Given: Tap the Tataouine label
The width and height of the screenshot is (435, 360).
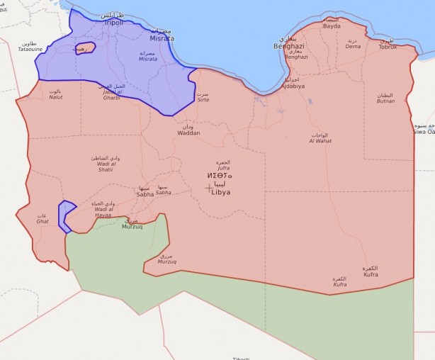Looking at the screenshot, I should (x=30, y=49).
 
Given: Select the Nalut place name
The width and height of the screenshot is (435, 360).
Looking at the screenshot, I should (x=55, y=96).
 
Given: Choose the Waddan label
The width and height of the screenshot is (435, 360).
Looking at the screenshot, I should (x=188, y=133).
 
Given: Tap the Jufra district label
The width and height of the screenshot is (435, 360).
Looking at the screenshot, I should (x=223, y=167).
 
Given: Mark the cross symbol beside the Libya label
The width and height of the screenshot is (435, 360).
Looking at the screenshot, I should (x=209, y=188).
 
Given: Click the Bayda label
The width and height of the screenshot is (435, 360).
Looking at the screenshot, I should (x=332, y=27).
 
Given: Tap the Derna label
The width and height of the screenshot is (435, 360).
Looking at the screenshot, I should (x=353, y=46).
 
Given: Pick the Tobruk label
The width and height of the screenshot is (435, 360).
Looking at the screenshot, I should (x=388, y=46).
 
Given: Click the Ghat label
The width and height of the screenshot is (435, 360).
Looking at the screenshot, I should (x=42, y=220).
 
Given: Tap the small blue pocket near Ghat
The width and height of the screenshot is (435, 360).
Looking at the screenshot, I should (x=66, y=215).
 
